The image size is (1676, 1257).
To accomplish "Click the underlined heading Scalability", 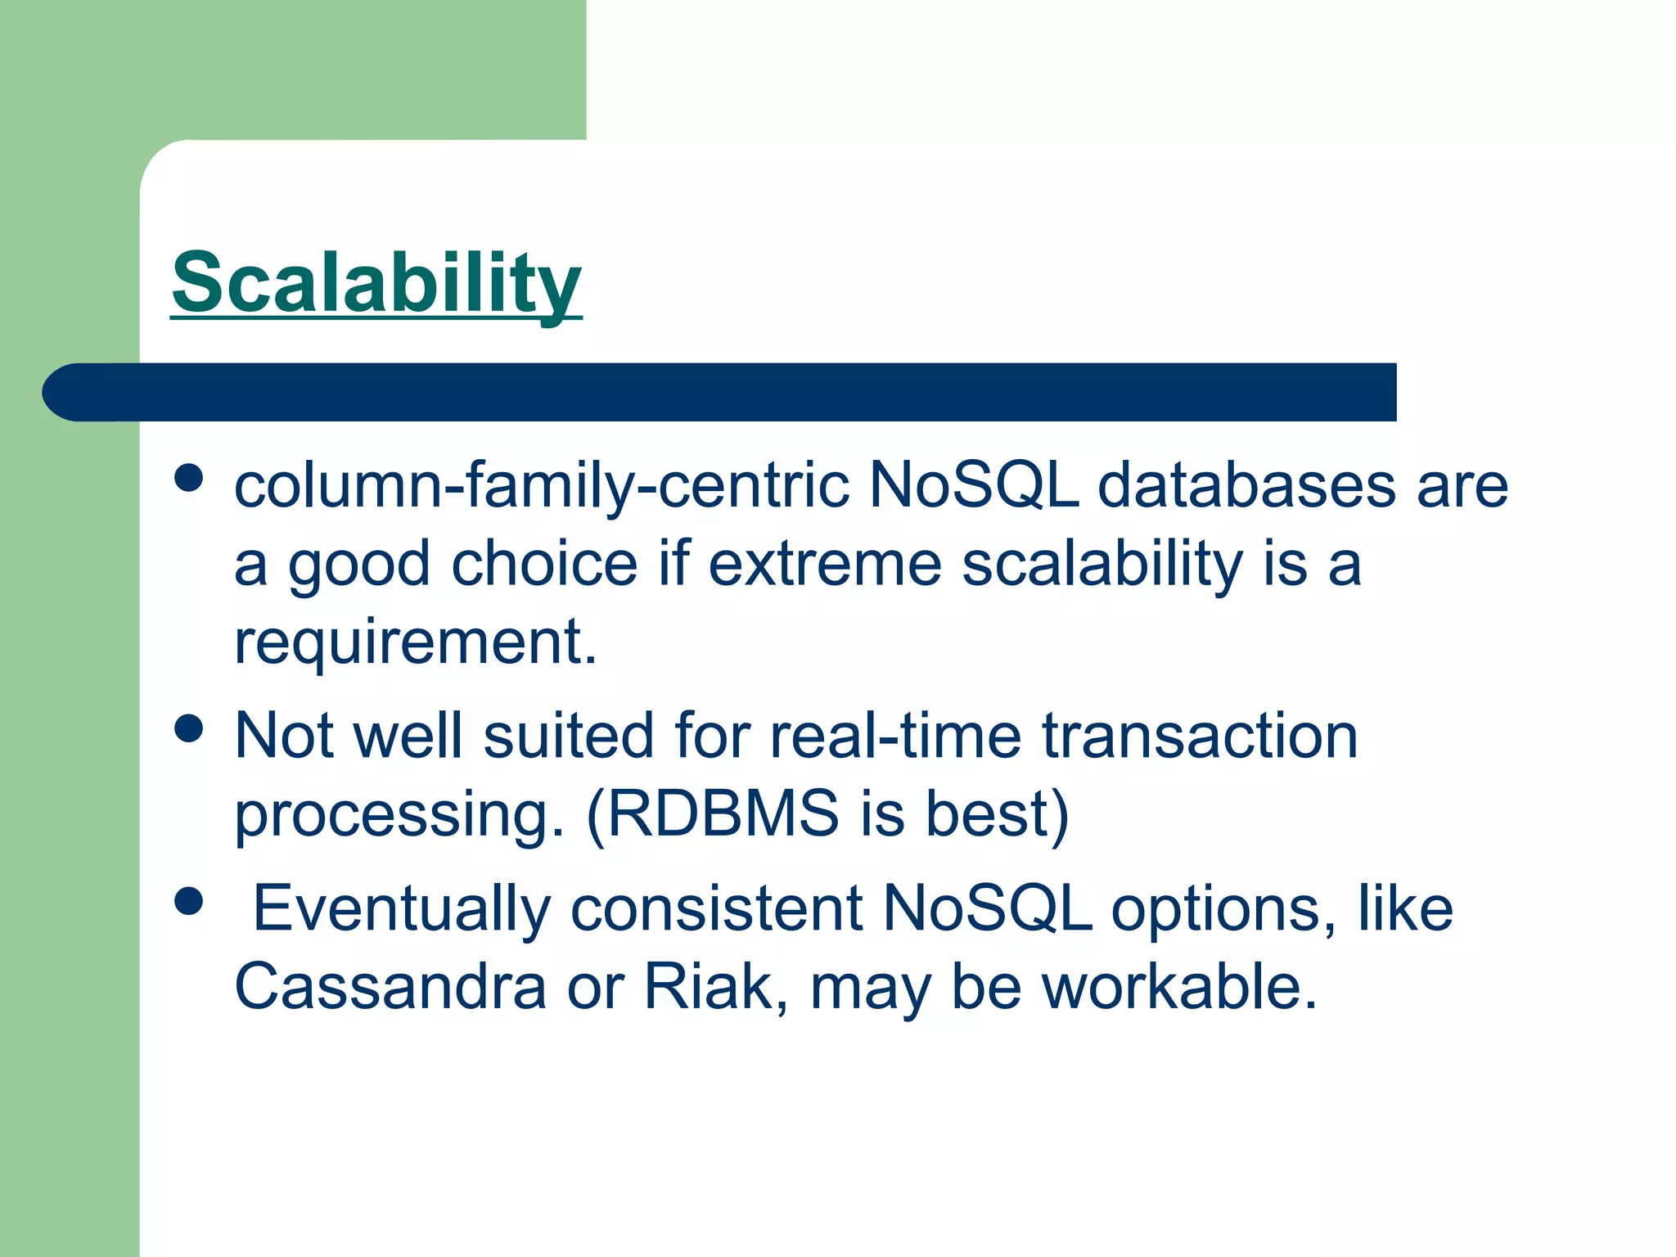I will tap(376, 282).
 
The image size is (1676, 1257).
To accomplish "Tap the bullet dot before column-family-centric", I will tap(189, 478).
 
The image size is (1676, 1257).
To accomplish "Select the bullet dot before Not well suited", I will tap(189, 728).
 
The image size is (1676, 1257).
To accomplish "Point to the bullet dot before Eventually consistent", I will tap(189, 901).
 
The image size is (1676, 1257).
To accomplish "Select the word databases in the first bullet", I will tap(1246, 486).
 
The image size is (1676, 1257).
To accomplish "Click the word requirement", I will tap(415, 642).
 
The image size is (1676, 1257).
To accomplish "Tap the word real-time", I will tap(896, 736).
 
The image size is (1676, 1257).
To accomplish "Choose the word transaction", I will tap(1200, 736).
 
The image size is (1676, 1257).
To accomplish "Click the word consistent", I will tap(716, 909).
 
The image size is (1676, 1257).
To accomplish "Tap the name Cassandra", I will tap(390, 988).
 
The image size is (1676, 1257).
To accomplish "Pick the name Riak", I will tap(709, 988).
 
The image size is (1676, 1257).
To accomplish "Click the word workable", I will tap(1178, 988).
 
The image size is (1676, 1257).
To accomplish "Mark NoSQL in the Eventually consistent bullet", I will tap(987, 909).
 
